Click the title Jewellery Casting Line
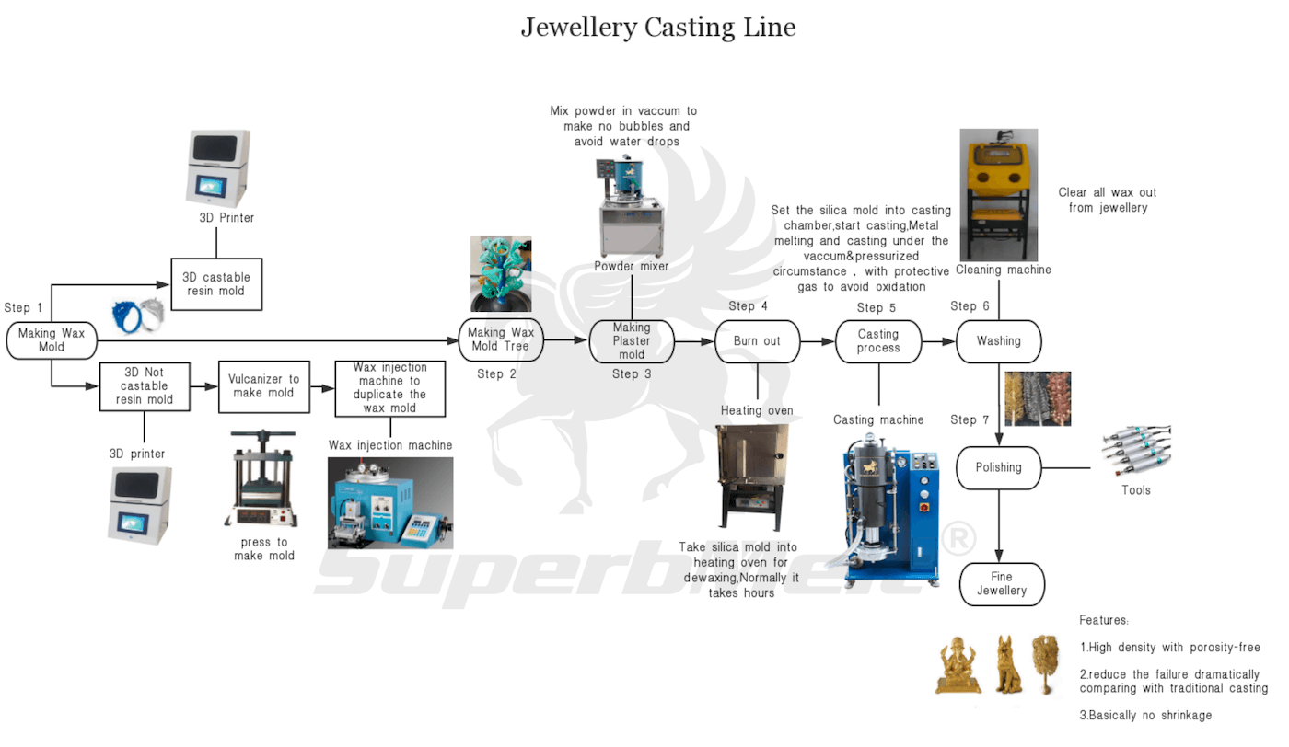point(657,27)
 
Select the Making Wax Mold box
point(52,340)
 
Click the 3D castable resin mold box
point(216,283)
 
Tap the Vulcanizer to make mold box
point(263,386)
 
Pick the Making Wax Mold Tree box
point(501,339)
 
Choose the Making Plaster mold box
point(632,341)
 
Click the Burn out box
point(757,341)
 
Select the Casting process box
point(877,341)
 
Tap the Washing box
point(999,341)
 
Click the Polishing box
point(999,467)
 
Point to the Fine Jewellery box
point(1002,584)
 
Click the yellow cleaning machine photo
point(998,195)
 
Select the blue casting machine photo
point(889,513)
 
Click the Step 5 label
point(876,308)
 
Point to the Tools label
point(1135,490)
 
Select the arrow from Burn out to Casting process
point(817,341)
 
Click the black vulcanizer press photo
point(263,478)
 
